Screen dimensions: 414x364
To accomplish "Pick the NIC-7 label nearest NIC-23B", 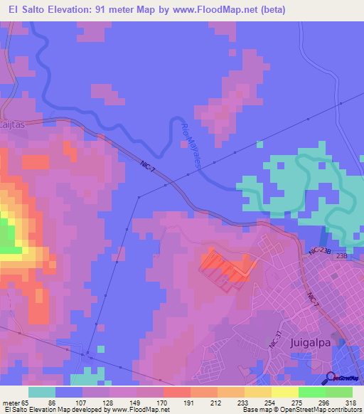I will [x=311, y=299].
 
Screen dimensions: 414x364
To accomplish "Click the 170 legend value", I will [x=163, y=402].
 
